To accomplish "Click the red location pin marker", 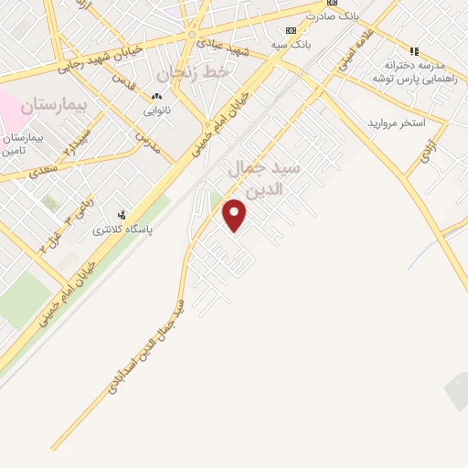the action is tap(235, 215).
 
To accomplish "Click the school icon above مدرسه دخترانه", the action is tap(414, 51).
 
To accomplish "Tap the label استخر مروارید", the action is tap(398, 122).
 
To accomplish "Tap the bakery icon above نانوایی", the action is tap(156, 96).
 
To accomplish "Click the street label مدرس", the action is tap(143, 137).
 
